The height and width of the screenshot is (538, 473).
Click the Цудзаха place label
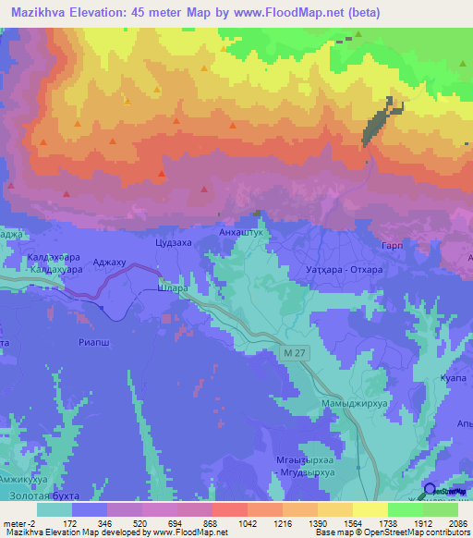175,244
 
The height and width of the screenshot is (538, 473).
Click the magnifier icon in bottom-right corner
430,490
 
